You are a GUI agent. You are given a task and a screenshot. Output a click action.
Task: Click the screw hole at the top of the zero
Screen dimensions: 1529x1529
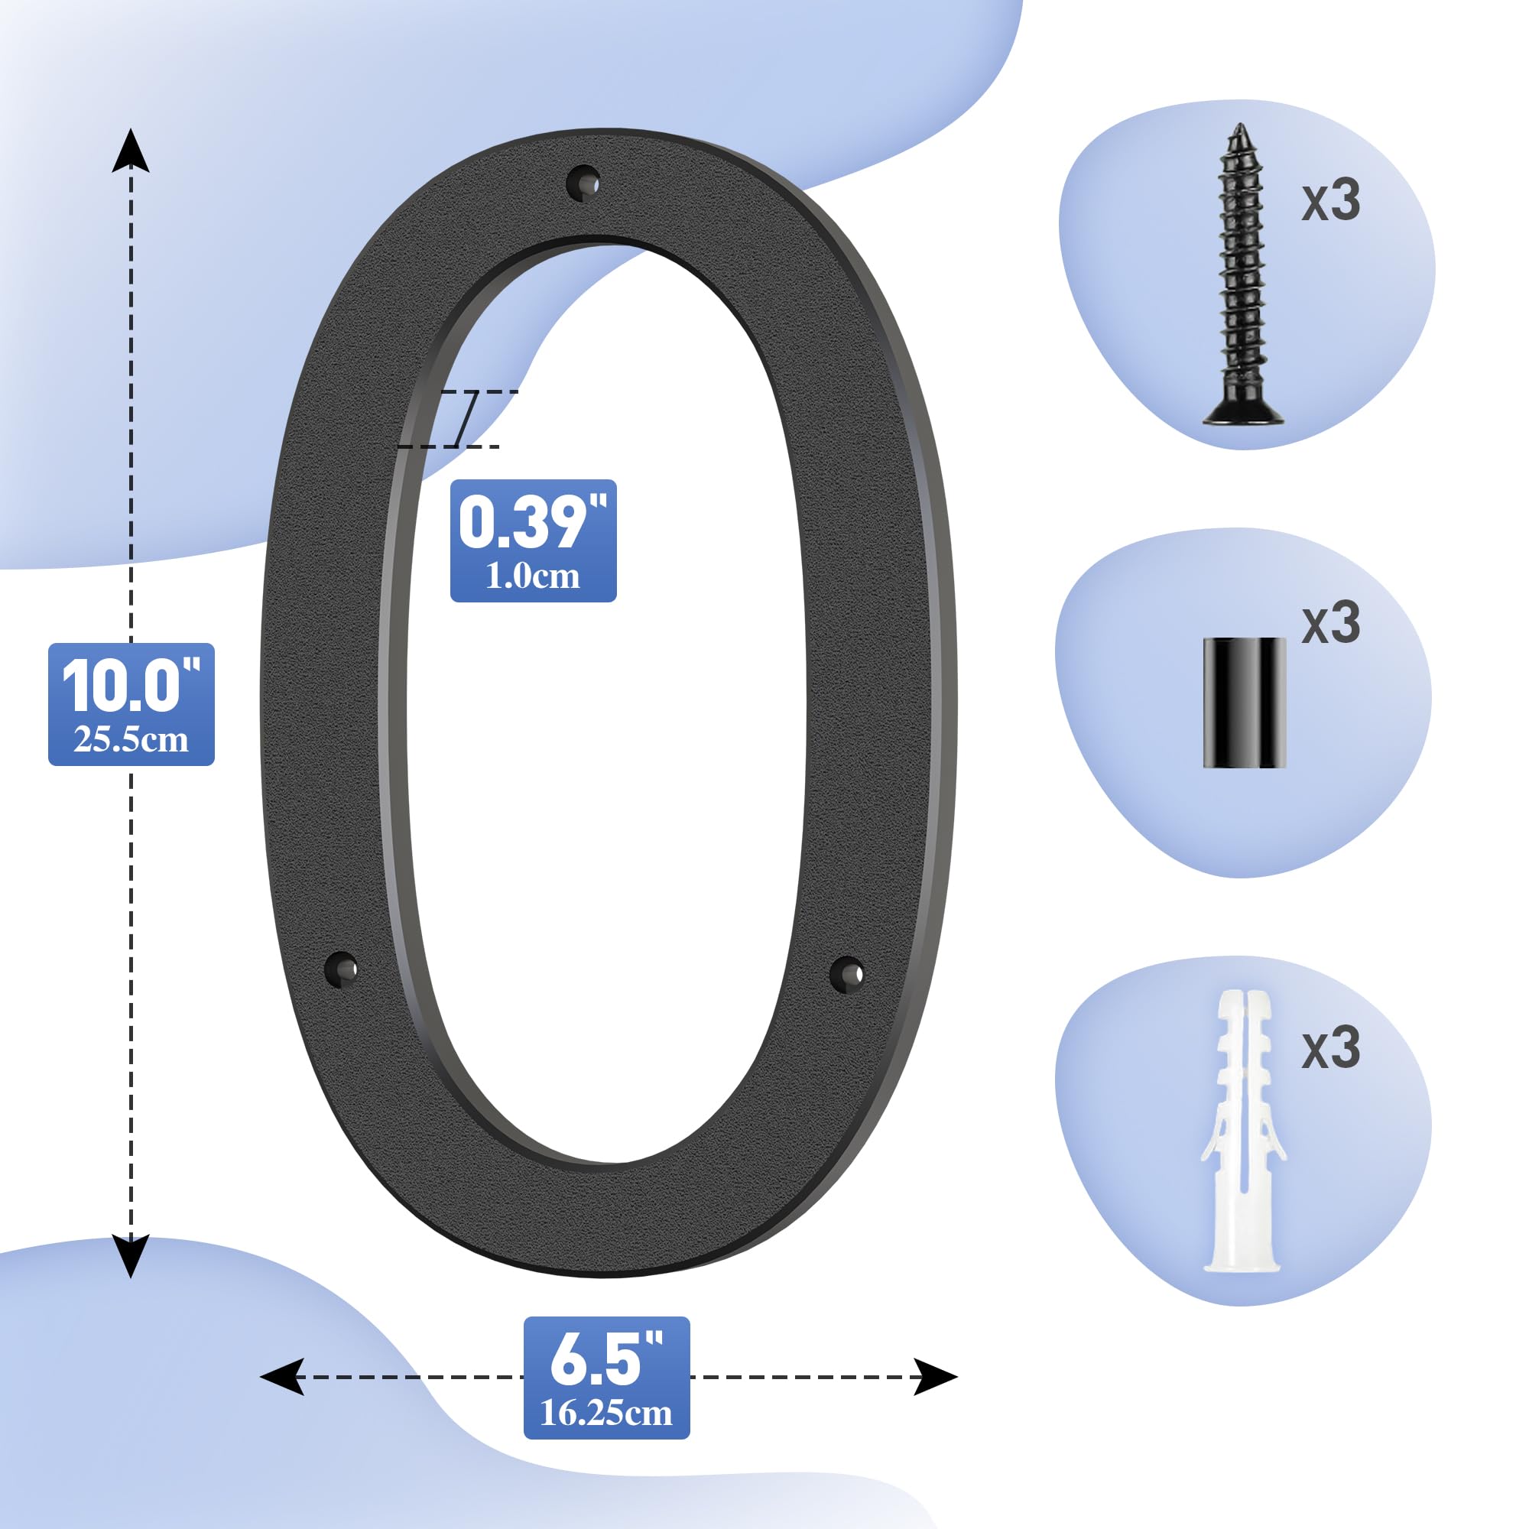click(x=583, y=183)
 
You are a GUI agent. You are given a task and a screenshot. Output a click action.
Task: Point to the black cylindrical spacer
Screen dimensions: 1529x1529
click(x=1244, y=703)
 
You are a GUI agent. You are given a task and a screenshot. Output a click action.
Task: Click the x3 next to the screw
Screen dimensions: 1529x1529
click(x=1331, y=200)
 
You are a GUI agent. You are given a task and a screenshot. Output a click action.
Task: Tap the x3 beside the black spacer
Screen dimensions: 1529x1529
click(x=1331, y=624)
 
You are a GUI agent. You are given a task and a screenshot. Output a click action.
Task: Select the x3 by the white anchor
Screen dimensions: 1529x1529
click(x=1331, y=1049)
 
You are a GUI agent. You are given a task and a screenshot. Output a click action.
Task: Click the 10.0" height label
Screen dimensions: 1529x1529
click(x=131, y=684)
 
